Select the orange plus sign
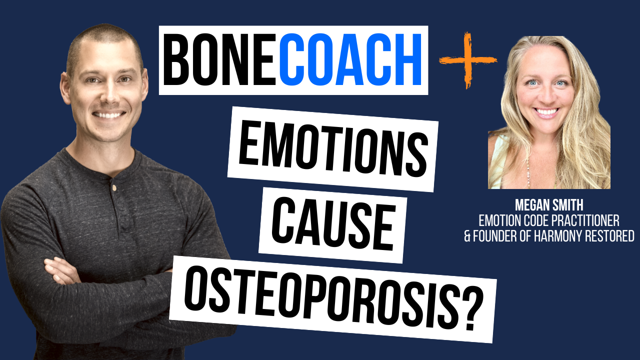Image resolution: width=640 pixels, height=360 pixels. pos(467,60)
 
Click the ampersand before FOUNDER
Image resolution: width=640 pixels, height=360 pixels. pos(467,235)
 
